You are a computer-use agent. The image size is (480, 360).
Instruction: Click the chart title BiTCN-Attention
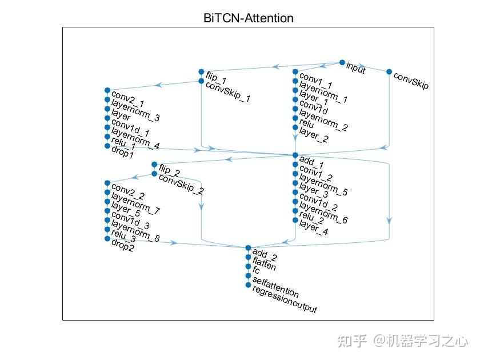[248, 18]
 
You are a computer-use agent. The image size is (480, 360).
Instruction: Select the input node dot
[342, 62]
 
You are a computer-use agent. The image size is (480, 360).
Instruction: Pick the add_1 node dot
[295, 155]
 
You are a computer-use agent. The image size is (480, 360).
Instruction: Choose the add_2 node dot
[248, 248]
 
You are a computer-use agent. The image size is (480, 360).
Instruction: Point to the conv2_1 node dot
[107, 90]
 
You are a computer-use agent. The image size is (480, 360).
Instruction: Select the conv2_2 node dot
[107, 183]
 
